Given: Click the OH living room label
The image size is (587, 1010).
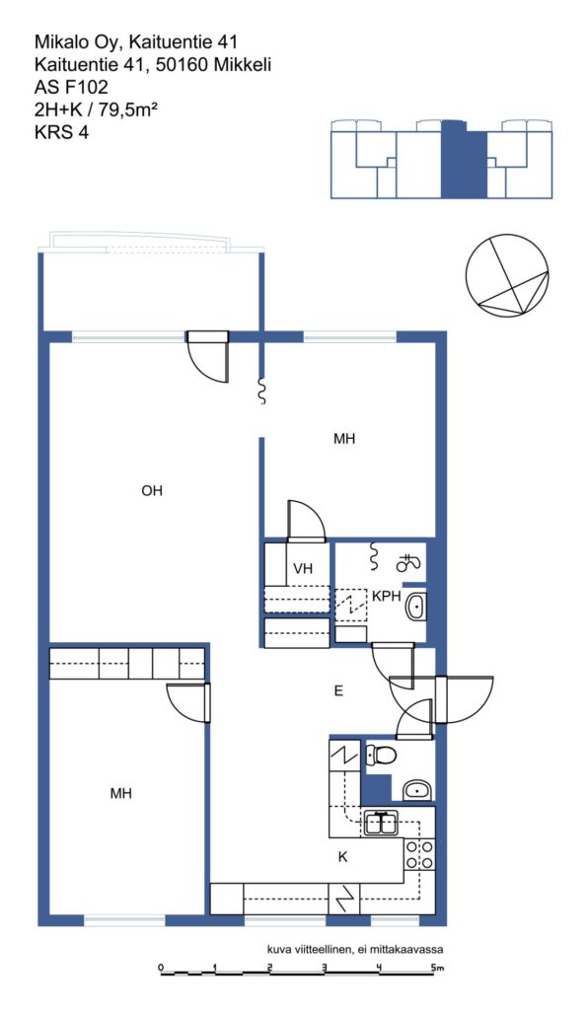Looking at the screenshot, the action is [x=152, y=491].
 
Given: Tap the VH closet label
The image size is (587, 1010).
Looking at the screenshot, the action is [x=302, y=569].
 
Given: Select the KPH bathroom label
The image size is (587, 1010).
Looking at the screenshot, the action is [x=386, y=597].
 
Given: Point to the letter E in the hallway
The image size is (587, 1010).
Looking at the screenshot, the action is [x=338, y=691].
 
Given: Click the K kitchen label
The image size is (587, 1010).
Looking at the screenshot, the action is [x=342, y=857].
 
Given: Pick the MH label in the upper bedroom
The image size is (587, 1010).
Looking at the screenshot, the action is [x=344, y=439].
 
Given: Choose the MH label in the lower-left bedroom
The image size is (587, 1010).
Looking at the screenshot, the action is [x=120, y=794].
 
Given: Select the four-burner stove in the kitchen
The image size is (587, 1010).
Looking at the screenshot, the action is [x=419, y=854].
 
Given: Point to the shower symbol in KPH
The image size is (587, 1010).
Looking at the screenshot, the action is [x=407, y=563].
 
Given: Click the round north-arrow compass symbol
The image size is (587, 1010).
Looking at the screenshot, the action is [x=508, y=276].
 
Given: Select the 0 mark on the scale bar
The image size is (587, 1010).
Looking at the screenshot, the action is [x=161, y=967].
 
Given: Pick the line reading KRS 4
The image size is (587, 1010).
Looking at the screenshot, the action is [x=61, y=132].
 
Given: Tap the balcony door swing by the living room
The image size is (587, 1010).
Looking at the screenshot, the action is [x=207, y=358].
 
